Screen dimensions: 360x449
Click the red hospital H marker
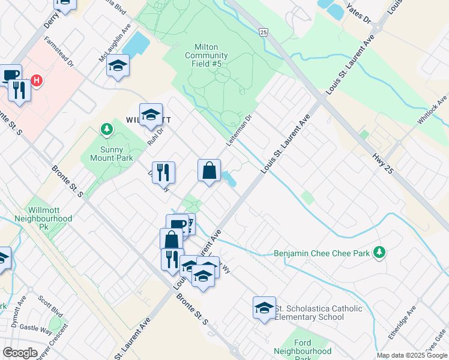37,80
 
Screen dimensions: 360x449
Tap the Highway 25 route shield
264,31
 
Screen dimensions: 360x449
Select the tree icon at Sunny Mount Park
106,129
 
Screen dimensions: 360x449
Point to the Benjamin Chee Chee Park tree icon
379,252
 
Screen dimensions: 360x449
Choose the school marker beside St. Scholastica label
264,308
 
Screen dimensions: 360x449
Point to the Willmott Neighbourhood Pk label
50,215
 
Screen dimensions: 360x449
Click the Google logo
20,352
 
